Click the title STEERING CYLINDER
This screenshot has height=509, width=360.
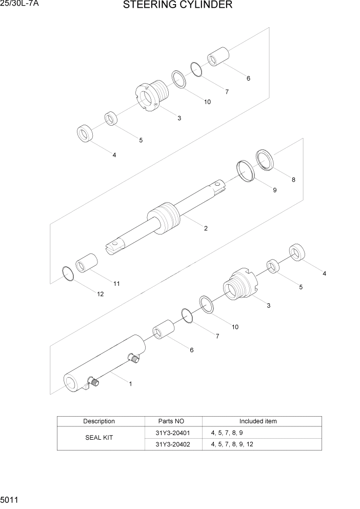177,6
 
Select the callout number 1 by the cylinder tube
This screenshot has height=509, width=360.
130,383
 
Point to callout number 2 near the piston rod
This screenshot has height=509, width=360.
206,228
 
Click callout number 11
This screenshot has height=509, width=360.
116,283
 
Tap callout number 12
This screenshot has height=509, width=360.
100,294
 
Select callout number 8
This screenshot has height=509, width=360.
293,180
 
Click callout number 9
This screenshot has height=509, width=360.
274,190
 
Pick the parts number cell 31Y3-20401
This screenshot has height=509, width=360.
172,433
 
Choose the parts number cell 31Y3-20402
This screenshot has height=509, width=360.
172,444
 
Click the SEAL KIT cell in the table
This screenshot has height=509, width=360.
99,438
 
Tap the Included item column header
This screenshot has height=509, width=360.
257,421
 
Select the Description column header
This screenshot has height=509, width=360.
99,421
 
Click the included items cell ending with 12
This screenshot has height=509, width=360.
232,444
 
